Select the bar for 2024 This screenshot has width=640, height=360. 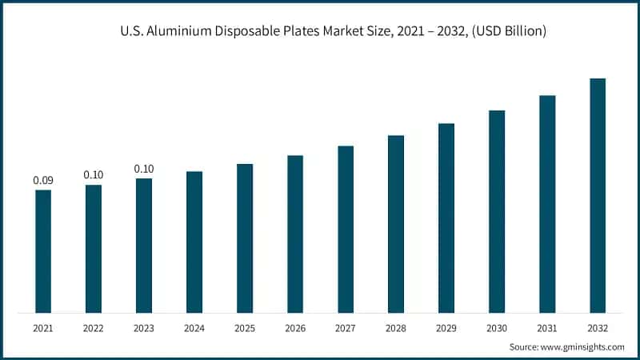[194, 242]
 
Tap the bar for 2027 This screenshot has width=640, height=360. [346, 229]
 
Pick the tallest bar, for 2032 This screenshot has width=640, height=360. [598, 195]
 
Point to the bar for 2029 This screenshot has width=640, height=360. [446, 218]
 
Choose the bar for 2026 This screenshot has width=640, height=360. [295, 234]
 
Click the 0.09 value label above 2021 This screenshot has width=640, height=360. [43, 180]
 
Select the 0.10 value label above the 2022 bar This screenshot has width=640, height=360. [94, 174]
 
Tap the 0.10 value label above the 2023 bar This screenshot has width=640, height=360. [144, 169]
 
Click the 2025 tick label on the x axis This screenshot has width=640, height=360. [245, 328]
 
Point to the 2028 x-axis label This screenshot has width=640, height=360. [396, 328]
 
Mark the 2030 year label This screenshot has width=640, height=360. [497, 328]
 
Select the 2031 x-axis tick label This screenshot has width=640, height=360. [547, 328]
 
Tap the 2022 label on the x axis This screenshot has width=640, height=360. [94, 328]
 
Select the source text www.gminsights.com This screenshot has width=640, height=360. [583, 346]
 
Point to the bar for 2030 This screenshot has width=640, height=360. [497, 211]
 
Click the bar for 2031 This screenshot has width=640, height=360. [547, 204]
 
